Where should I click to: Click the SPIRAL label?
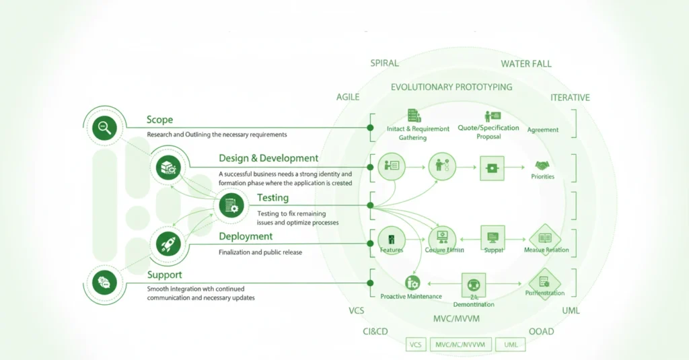click(384, 63)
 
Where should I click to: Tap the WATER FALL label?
click(525, 64)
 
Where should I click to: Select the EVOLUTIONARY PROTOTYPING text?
click(451, 87)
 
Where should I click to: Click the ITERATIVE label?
click(570, 98)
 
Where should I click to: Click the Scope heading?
click(159, 120)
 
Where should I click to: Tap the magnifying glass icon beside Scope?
click(104, 127)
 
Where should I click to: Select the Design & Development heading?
click(268, 158)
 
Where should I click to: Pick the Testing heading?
click(273, 198)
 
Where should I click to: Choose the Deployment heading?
click(246, 236)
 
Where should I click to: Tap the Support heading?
click(164, 275)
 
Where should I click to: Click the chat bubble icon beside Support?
click(104, 283)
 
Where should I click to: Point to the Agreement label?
click(542, 130)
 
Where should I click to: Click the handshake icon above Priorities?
click(542, 166)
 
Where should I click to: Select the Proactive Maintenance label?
click(411, 297)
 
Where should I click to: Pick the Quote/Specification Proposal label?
click(488, 132)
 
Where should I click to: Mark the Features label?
click(391, 250)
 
